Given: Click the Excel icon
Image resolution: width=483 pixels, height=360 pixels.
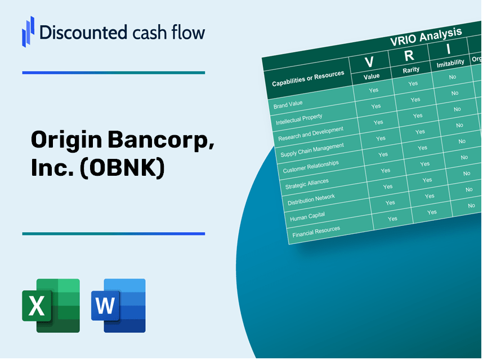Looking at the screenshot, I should (x=51, y=306).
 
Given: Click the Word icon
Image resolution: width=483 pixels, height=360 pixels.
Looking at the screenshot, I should (x=118, y=306).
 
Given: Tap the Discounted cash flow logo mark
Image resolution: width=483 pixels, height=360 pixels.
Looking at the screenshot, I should (x=28, y=32).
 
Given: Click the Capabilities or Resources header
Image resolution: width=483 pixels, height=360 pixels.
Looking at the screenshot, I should (x=308, y=79).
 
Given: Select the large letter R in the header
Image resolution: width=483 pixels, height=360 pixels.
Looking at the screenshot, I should (x=409, y=56).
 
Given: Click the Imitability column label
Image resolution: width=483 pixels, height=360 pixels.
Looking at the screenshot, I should (x=450, y=63).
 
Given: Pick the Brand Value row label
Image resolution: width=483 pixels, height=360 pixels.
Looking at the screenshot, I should (x=288, y=104).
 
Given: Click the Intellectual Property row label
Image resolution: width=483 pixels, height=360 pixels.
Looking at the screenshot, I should (x=299, y=120).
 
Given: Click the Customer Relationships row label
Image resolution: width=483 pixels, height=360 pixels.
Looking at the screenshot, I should (x=311, y=167).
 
